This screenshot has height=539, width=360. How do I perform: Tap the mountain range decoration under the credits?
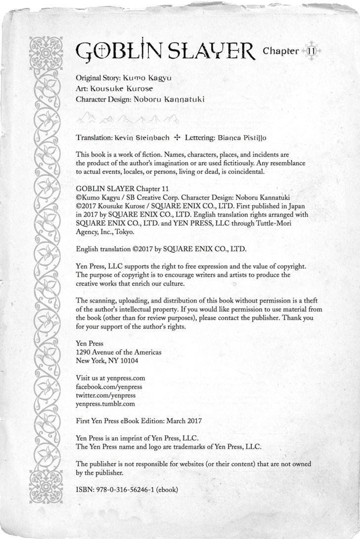[x=128, y=119]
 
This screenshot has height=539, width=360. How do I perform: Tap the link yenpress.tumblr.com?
[x=105, y=404]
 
